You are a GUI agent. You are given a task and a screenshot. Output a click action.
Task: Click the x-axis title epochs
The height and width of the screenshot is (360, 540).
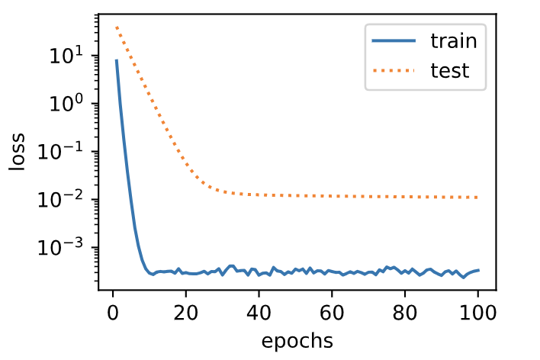pyautogui.click(x=297, y=340)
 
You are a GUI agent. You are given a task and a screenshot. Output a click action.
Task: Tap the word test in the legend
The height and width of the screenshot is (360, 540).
pyautogui.click(x=449, y=72)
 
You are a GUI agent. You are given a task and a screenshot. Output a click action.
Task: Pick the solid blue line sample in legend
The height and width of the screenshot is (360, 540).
pyautogui.click(x=394, y=41)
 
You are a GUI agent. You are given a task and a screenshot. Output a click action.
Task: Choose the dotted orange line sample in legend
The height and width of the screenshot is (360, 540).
pyautogui.click(x=394, y=72)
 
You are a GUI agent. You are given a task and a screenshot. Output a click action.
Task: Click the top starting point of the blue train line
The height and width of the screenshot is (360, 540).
pyautogui.click(x=116, y=59)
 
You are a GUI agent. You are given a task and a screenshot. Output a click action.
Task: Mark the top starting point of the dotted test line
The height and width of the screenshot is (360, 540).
pyautogui.click(x=116, y=27)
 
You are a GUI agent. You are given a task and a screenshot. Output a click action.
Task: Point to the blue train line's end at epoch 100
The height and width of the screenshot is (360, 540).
pyautogui.click(x=478, y=270)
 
